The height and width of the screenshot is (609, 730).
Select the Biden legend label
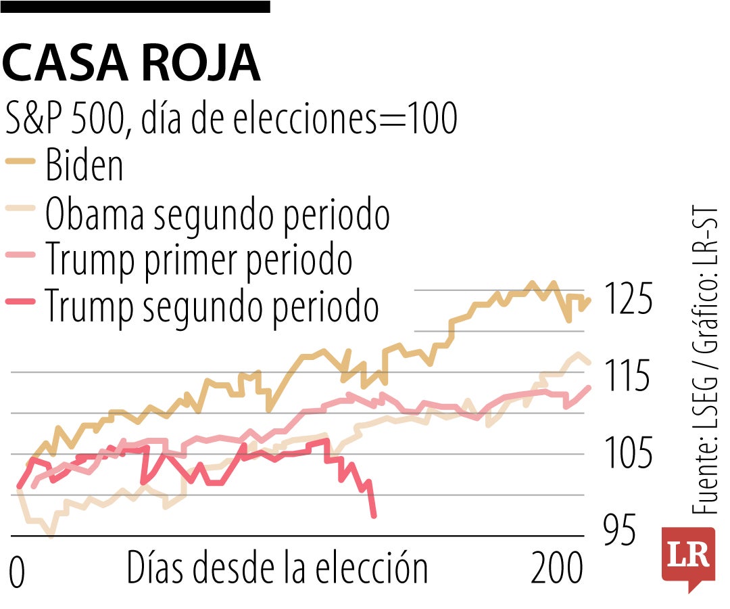pos(84,165)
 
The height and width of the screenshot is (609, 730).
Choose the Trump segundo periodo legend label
pos(212,307)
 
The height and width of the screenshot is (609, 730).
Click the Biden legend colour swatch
pos(20,162)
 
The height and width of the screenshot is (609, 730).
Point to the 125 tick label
pos(628,300)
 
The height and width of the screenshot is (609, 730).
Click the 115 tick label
pos(628,378)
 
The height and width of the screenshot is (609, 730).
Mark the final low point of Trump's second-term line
pos(374,516)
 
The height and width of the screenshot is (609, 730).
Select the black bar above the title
pos(135,6)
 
